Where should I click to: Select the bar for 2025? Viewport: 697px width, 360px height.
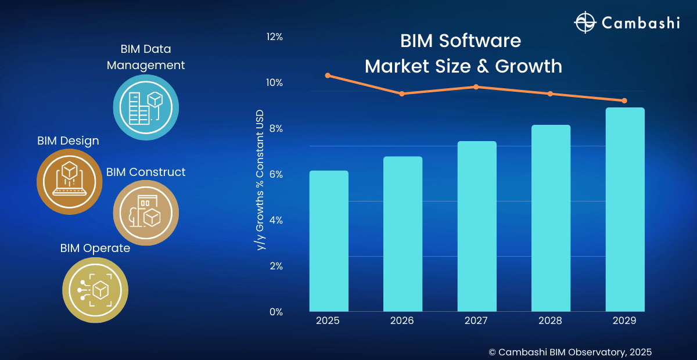click(x=329, y=241)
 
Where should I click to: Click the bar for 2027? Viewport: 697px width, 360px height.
click(x=477, y=226)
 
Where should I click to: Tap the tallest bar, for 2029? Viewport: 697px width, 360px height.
click(x=625, y=209)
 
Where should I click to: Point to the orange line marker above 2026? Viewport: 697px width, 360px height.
click(x=402, y=93)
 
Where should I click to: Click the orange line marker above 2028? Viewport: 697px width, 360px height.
click(x=550, y=94)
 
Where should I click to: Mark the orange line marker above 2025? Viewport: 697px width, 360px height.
click(x=328, y=75)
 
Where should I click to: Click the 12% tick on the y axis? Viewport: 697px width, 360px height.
click(x=274, y=37)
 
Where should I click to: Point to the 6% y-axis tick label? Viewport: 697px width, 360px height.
click(x=275, y=174)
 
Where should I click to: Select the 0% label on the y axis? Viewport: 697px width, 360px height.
click(x=275, y=312)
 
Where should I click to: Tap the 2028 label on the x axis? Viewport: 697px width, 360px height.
click(x=550, y=321)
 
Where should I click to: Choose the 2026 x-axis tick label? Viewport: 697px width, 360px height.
click(x=402, y=321)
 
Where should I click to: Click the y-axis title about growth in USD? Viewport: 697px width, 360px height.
click(x=261, y=180)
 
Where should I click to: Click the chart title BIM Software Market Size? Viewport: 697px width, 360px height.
click(x=463, y=54)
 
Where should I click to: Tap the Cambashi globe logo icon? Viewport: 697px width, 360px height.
click(x=584, y=23)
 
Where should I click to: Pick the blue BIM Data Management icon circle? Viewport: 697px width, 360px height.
click(x=145, y=107)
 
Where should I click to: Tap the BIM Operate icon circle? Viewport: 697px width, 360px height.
click(x=95, y=289)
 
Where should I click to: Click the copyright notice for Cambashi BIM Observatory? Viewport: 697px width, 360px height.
click(x=570, y=352)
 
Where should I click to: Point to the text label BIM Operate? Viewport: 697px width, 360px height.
click(x=95, y=249)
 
